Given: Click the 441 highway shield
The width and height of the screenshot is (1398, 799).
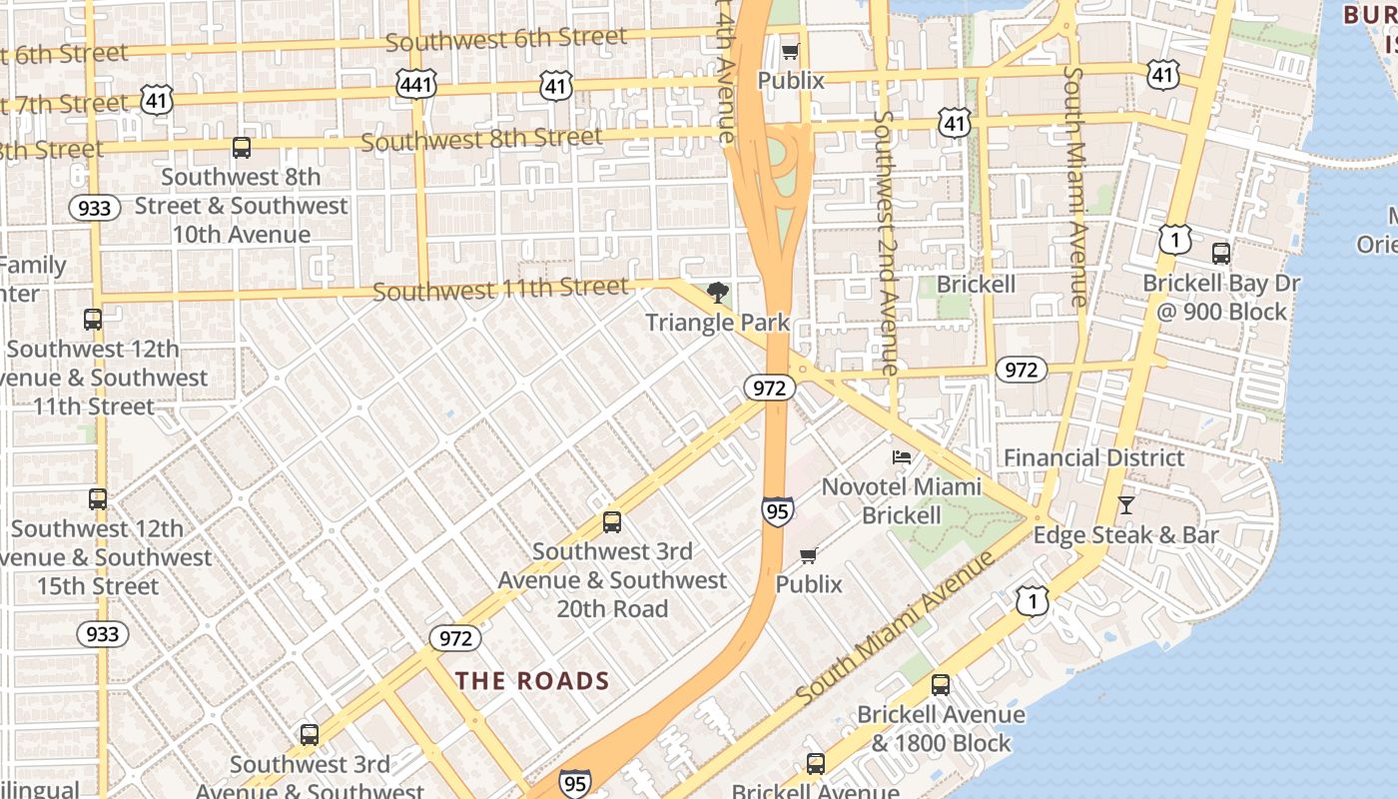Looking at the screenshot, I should (x=415, y=85).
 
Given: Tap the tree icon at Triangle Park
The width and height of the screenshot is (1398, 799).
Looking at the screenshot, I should (x=717, y=293).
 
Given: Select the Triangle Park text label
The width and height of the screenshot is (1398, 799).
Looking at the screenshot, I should (x=717, y=323).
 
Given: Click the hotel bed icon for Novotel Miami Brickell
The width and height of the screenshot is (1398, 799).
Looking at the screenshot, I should (x=902, y=458).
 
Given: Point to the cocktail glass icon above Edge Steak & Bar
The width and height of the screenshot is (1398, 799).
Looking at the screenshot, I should (x=1126, y=505).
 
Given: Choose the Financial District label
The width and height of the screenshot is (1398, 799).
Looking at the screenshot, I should (x=1093, y=457).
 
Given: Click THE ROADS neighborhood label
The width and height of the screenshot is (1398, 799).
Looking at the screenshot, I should (x=532, y=681).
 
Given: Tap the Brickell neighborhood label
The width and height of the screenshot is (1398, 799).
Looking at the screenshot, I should (x=976, y=285).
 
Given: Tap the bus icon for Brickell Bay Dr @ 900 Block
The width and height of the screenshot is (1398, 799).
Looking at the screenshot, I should (x=1220, y=253).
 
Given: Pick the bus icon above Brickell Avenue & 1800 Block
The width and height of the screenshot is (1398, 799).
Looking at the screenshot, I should (x=940, y=685).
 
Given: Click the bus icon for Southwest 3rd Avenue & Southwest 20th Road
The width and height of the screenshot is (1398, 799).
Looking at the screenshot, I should (x=611, y=522).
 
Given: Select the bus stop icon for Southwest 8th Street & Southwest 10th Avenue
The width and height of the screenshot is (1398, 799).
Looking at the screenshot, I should (x=241, y=148).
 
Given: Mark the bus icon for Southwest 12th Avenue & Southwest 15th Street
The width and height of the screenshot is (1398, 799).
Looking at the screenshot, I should (x=97, y=499).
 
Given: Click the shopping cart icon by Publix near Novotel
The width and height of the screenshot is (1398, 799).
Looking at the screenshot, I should (x=809, y=555).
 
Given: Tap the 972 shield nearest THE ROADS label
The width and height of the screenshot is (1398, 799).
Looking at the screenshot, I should (x=454, y=638).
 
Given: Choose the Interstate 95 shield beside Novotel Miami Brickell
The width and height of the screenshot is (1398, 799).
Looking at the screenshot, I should (x=777, y=511).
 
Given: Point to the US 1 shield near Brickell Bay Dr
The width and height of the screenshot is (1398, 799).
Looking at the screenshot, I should (x=1175, y=240).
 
